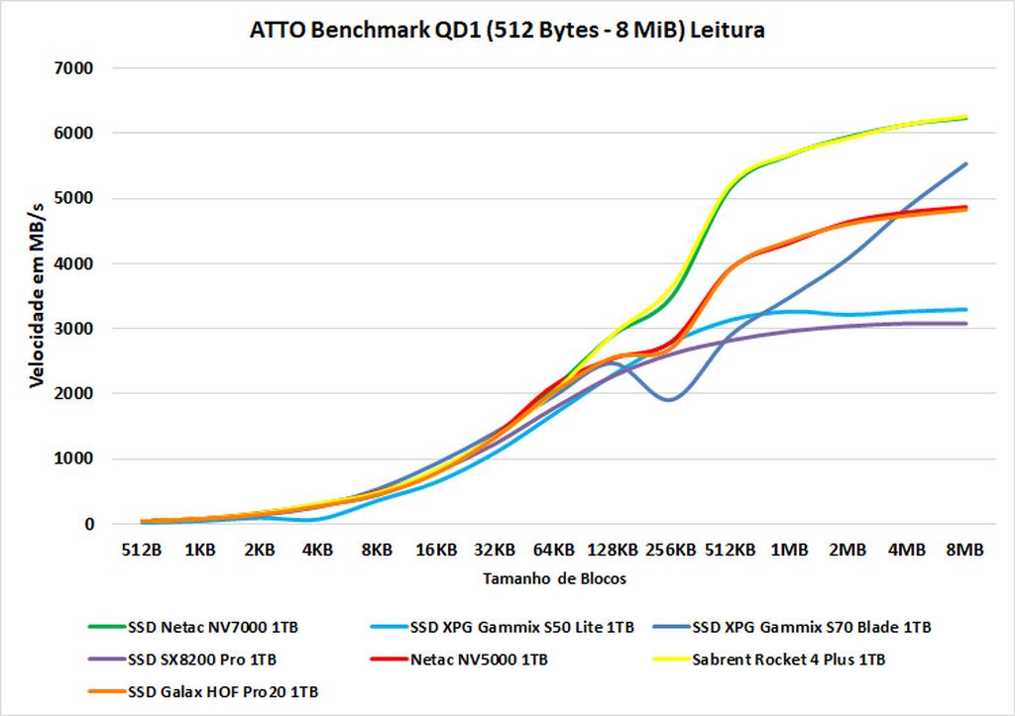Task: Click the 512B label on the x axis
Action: (143, 550)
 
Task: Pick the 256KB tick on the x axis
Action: (672, 550)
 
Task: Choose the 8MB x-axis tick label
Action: (965, 550)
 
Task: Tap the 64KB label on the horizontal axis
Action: (554, 550)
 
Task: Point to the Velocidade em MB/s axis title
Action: (37, 295)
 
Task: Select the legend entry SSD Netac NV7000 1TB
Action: (206, 626)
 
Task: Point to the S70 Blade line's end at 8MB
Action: (965, 164)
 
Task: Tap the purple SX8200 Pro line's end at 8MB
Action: (965, 324)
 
